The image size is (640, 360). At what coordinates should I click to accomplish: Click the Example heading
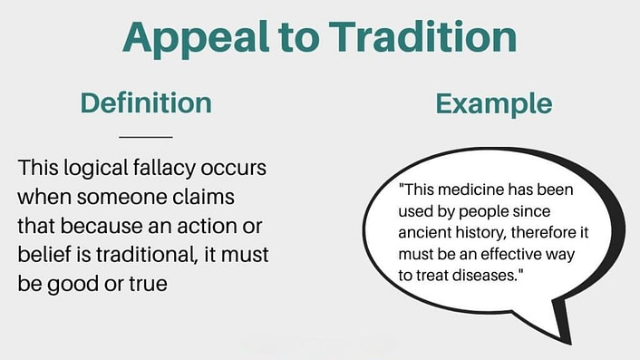[493, 102]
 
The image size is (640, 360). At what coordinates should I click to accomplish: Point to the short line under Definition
[146, 137]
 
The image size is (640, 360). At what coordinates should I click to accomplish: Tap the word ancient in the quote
[425, 232]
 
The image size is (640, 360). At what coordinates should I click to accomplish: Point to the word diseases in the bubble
[478, 270]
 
